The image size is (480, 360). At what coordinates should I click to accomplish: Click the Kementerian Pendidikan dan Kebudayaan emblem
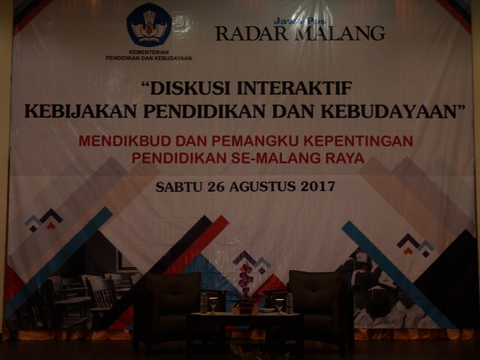point(149,25)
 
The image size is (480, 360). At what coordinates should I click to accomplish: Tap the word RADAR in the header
point(251,33)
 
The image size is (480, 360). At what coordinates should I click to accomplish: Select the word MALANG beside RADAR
point(340,33)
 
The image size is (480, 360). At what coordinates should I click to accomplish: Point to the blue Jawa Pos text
point(299,21)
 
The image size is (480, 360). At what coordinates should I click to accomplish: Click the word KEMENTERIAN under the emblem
point(148,52)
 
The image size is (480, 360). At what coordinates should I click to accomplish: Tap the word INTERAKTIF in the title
point(294,88)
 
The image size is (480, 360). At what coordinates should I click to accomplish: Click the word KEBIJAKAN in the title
point(80,111)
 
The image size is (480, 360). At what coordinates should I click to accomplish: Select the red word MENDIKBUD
point(124,141)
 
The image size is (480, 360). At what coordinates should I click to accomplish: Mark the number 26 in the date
point(215,187)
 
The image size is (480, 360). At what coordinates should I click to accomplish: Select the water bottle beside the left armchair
point(203,303)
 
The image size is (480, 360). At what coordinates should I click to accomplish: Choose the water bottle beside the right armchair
point(289,303)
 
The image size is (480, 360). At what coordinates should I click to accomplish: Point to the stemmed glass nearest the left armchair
point(213,305)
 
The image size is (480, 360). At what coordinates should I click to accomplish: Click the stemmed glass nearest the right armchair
point(279,306)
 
